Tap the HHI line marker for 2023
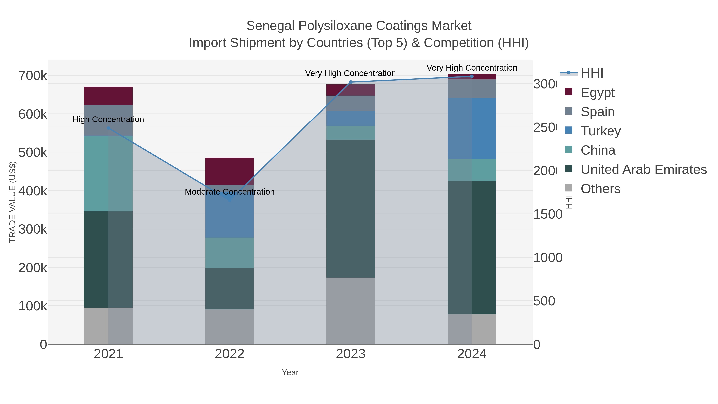point(351,82)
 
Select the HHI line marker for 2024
point(472,76)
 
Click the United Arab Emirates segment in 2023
point(350,208)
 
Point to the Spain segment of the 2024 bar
point(472,89)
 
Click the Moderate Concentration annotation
point(230,192)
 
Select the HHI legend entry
point(592,73)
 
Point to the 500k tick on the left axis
point(33,152)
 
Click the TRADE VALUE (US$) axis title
point(13,202)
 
